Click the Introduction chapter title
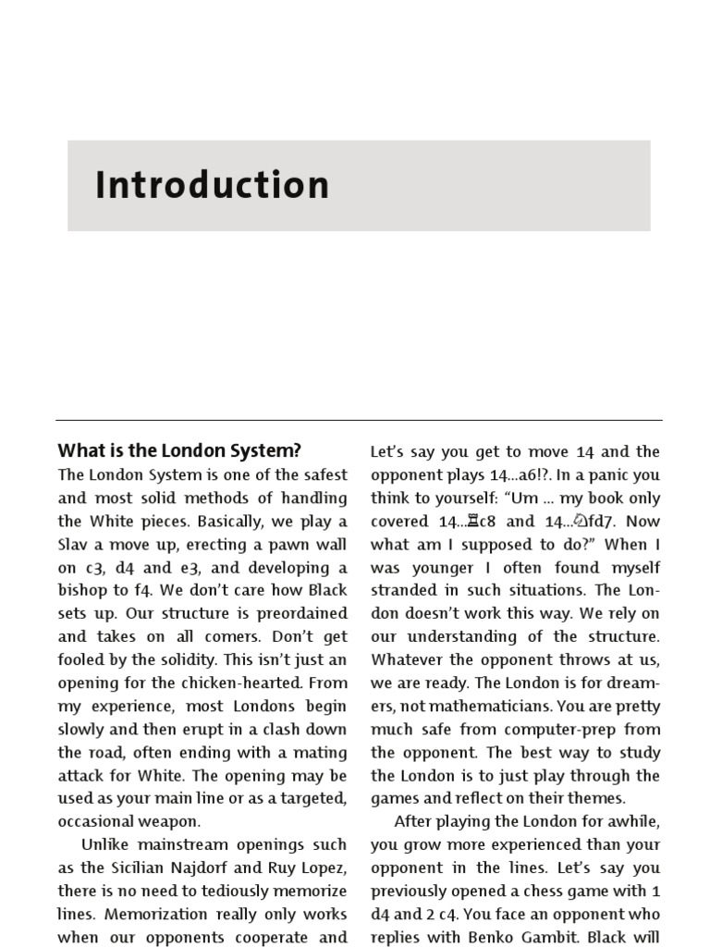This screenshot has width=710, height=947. pyautogui.click(x=212, y=185)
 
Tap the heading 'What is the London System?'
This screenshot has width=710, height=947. pyautogui.click(x=179, y=451)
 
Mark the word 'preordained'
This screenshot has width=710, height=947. pyautogui.click(x=301, y=614)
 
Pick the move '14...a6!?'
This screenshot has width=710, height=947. pyautogui.click(x=510, y=475)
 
